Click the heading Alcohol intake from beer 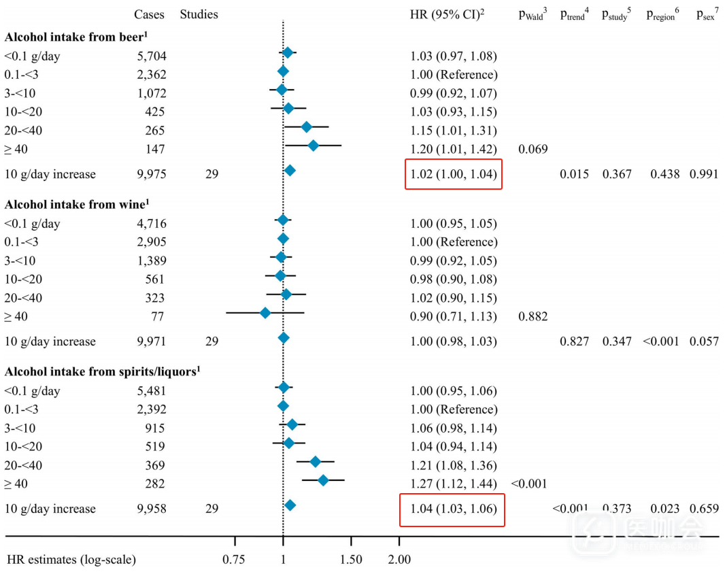pyautogui.click(x=75, y=37)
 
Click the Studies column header pyautogui.click(x=199, y=14)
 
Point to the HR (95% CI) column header pyautogui.click(x=442, y=14)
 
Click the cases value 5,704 pyautogui.click(x=151, y=56)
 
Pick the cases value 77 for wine pyautogui.click(x=157, y=316)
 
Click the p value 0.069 pyautogui.click(x=532, y=148)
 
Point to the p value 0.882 pyautogui.click(x=532, y=316)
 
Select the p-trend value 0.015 pyautogui.click(x=574, y=174)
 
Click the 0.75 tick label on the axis pyautogui.click(x=235, y=560)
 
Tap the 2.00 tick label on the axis pyautogui.click(x=399, y=560)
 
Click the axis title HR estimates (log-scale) pyautogui.click(x=71, y=560)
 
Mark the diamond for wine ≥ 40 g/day pyautogui.click(x=265, y=313)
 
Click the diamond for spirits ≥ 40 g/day pyautogui.click(x=323, y=480)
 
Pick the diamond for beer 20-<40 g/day pyautogui.click(x=306, y=127)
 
